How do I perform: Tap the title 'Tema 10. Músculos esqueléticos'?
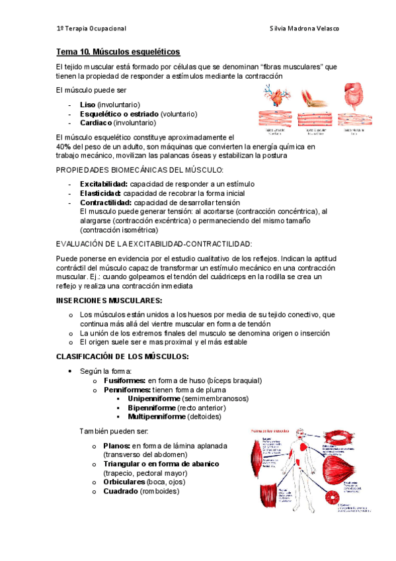pos(118,52)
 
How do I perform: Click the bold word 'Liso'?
pos(87,105)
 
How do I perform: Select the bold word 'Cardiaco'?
pos(95,122)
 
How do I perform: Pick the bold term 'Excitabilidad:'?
pos(103,184)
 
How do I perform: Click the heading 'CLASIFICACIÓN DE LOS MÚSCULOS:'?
pos(123,357)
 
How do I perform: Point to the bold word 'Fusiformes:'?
pos(124,380)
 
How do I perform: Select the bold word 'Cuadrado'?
pos(121,492)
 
